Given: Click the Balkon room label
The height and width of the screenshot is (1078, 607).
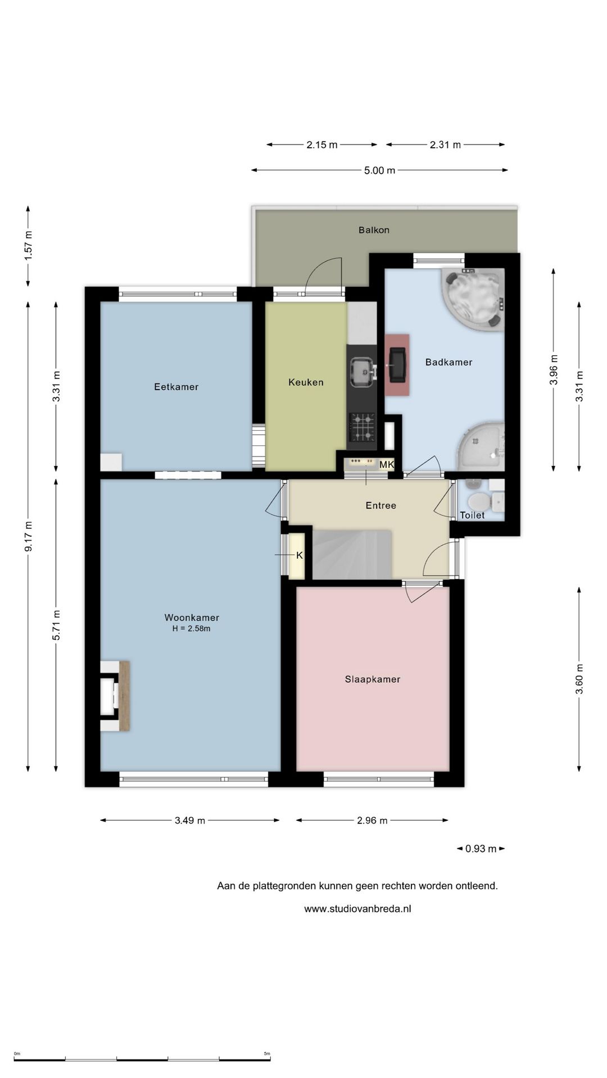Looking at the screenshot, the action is pos(374,230).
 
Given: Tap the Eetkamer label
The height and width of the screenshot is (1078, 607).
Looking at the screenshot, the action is pos(176,387).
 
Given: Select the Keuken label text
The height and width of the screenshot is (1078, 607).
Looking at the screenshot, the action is pos(306,382).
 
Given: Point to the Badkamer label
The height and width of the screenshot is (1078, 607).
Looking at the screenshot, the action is pos(449,362).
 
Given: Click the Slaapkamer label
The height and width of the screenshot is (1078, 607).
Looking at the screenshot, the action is pos(373,679).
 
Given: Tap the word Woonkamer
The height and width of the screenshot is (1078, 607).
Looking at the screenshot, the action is pos(192,618).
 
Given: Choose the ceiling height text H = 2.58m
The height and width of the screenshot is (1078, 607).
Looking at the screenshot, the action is pos(192,629).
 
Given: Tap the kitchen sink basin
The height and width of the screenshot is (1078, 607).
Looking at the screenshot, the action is pos(363,372).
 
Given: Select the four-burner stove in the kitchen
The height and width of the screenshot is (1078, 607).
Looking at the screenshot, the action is pos(363,427).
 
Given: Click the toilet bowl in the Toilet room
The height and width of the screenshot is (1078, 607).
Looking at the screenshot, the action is pos(478,501).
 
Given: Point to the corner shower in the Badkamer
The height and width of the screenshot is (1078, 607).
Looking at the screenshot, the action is pos(481,446).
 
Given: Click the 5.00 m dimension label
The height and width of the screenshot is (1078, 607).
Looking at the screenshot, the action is pos(379,170).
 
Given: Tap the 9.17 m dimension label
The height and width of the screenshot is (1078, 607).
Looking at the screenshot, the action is pos(29,536).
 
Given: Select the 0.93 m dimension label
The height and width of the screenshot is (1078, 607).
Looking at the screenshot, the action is pos(481,849).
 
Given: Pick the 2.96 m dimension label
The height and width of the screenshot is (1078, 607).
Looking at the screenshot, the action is pos(372,820).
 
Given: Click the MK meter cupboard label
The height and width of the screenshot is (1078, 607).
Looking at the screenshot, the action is pos(387,465).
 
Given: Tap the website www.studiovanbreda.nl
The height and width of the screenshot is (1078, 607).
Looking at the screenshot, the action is pos(357,908).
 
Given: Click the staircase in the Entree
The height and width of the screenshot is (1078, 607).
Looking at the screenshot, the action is pos(352,554).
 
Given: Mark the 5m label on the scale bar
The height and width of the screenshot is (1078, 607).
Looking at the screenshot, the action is pos(267,1053).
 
